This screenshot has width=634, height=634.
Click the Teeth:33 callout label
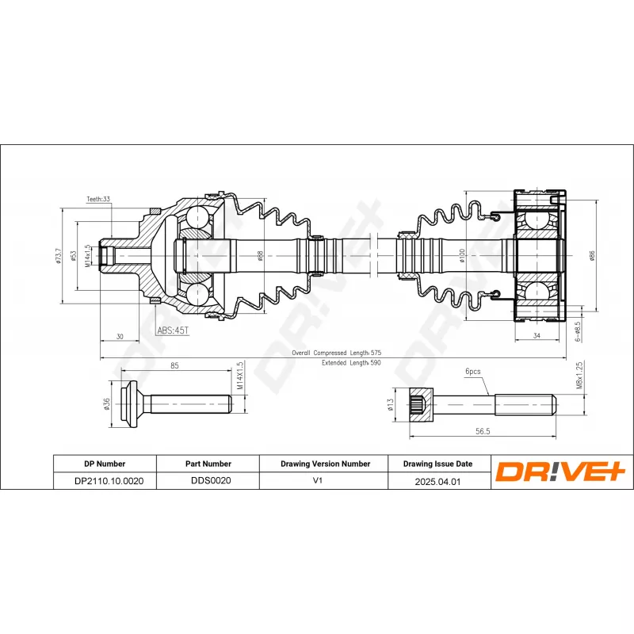point(98,199)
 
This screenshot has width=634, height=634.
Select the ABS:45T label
point(173,330)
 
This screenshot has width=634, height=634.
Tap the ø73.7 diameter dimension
point(59,256)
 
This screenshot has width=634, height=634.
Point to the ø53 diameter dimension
point(73,256)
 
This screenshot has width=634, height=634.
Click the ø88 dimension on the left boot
point(261,256)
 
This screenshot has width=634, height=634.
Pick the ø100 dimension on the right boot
point(462,256)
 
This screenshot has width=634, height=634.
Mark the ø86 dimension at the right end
point(592,256)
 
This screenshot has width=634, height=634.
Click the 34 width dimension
point(537,335)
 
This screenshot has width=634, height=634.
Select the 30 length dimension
point(120,336)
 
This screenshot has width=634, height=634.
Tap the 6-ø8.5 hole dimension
point(578,331)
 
